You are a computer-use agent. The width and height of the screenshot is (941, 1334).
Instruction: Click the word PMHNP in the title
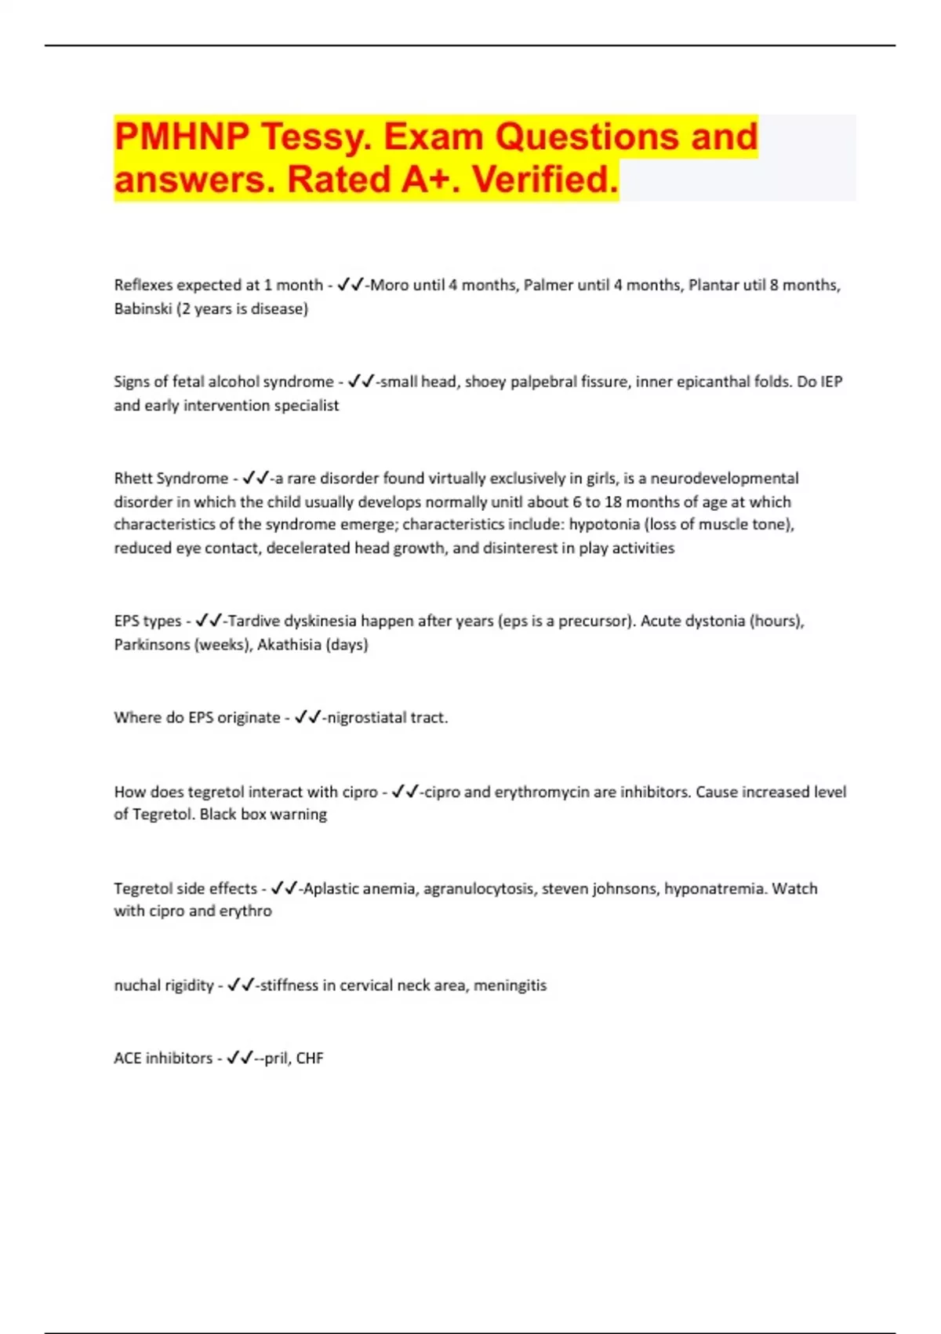click(x=181, y=137)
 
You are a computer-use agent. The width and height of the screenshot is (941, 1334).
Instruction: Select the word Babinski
click(x=143, y=308)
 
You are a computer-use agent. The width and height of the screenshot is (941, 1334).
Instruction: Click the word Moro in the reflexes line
click(x=389, y=285)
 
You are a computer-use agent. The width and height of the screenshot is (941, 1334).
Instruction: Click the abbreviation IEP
click(x=831, y=381)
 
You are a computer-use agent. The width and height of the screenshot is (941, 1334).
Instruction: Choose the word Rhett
click(x=133, y=478)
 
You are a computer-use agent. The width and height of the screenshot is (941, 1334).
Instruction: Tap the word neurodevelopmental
click(x=725, y=478)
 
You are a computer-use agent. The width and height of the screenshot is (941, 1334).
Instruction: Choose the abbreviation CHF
click(x=310, y=1058)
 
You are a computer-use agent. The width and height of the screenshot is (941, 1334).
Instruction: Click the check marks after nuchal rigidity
click(x=240, y=985)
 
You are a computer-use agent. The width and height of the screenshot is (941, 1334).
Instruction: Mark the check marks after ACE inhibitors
click(x=239, y=1058)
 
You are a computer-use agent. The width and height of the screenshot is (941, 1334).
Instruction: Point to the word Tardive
click(x=252, y=621)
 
